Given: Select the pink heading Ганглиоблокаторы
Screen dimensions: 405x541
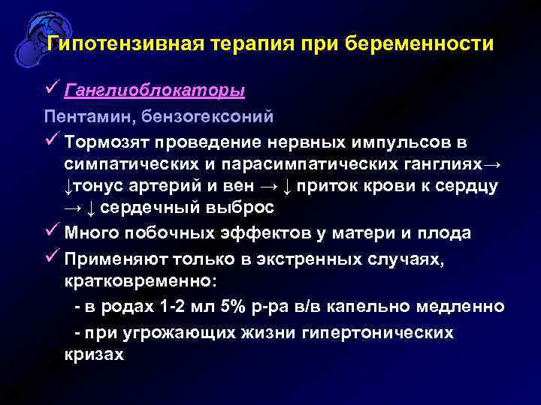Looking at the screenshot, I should [x=154, y=91].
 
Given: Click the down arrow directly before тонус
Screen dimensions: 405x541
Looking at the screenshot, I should [x=68, y=187].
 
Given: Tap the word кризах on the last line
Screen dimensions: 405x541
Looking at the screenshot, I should [x=94, y=355].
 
